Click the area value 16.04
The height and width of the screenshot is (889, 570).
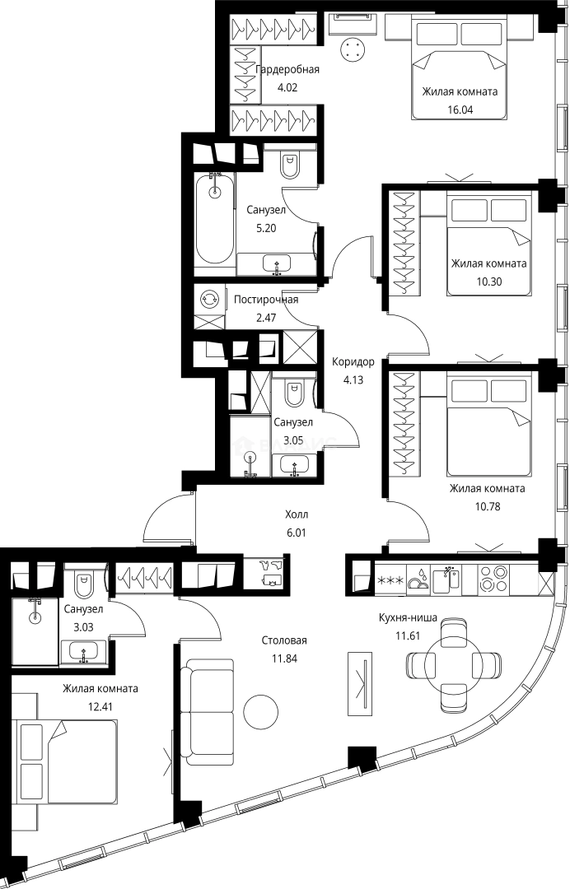pyautogui.click(x=460, y=108)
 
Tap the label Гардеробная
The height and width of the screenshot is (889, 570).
pyautogui.click(x=287, y=69)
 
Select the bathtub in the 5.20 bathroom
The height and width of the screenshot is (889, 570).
pyautogui.click(x=215, y=217)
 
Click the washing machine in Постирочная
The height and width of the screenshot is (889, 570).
pyautogui.click(x=210, y=299)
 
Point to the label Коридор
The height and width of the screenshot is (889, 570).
pyautogui.click(x=353, y=361)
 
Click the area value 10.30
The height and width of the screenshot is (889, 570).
pyautogui.click(x=488, y=280)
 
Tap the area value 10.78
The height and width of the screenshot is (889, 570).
pyautogui.click(x=488, y=504)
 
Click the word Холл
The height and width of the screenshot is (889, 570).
pyautogui.click(x=297, y=515)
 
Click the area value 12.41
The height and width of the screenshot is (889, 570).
pyautogui.click(x=100, y=704)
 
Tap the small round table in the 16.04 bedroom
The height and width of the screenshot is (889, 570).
pyautogui.click(x=354, y=49)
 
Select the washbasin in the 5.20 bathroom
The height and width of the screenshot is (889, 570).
pyautogui.click(x=276, y=264)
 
